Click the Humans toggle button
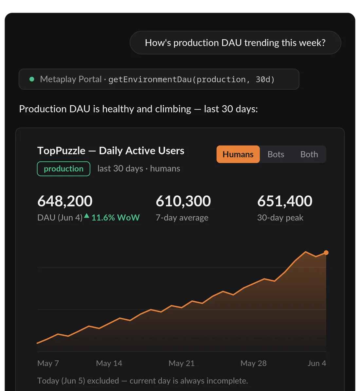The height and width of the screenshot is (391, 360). [238, 154]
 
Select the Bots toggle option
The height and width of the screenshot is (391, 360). [276, 154]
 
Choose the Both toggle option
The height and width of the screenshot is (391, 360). [309, 154]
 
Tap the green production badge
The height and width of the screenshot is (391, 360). [63, 169]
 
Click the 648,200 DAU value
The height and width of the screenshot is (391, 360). [65, 201]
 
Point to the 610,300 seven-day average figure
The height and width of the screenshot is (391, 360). [183, 201]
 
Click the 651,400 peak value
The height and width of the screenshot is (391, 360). [285, 201]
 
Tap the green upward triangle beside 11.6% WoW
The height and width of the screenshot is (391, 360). [87, 216]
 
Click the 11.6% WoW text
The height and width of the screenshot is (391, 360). [116, 218]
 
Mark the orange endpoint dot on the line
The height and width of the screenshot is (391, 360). [326, 253]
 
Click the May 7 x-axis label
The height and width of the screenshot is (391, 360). [48, 363]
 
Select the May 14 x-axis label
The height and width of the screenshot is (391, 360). [109, 363]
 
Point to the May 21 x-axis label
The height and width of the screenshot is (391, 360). [182, 363]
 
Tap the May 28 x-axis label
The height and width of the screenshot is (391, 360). [253, 363]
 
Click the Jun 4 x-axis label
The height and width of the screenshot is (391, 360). [317, 363]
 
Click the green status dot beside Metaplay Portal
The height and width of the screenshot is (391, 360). [32, 79]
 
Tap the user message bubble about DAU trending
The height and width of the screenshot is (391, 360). [235, 43]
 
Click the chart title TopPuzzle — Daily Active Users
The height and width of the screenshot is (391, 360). [111, 151]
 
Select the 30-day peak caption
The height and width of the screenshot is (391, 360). [280, 218]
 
